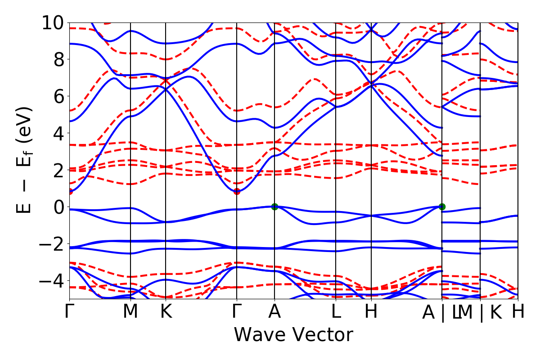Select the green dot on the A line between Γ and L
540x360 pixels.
point(274,207)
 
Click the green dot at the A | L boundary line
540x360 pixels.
point(442,207)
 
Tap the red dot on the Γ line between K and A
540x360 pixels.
point(237,191)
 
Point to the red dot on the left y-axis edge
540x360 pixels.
point(70,191)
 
